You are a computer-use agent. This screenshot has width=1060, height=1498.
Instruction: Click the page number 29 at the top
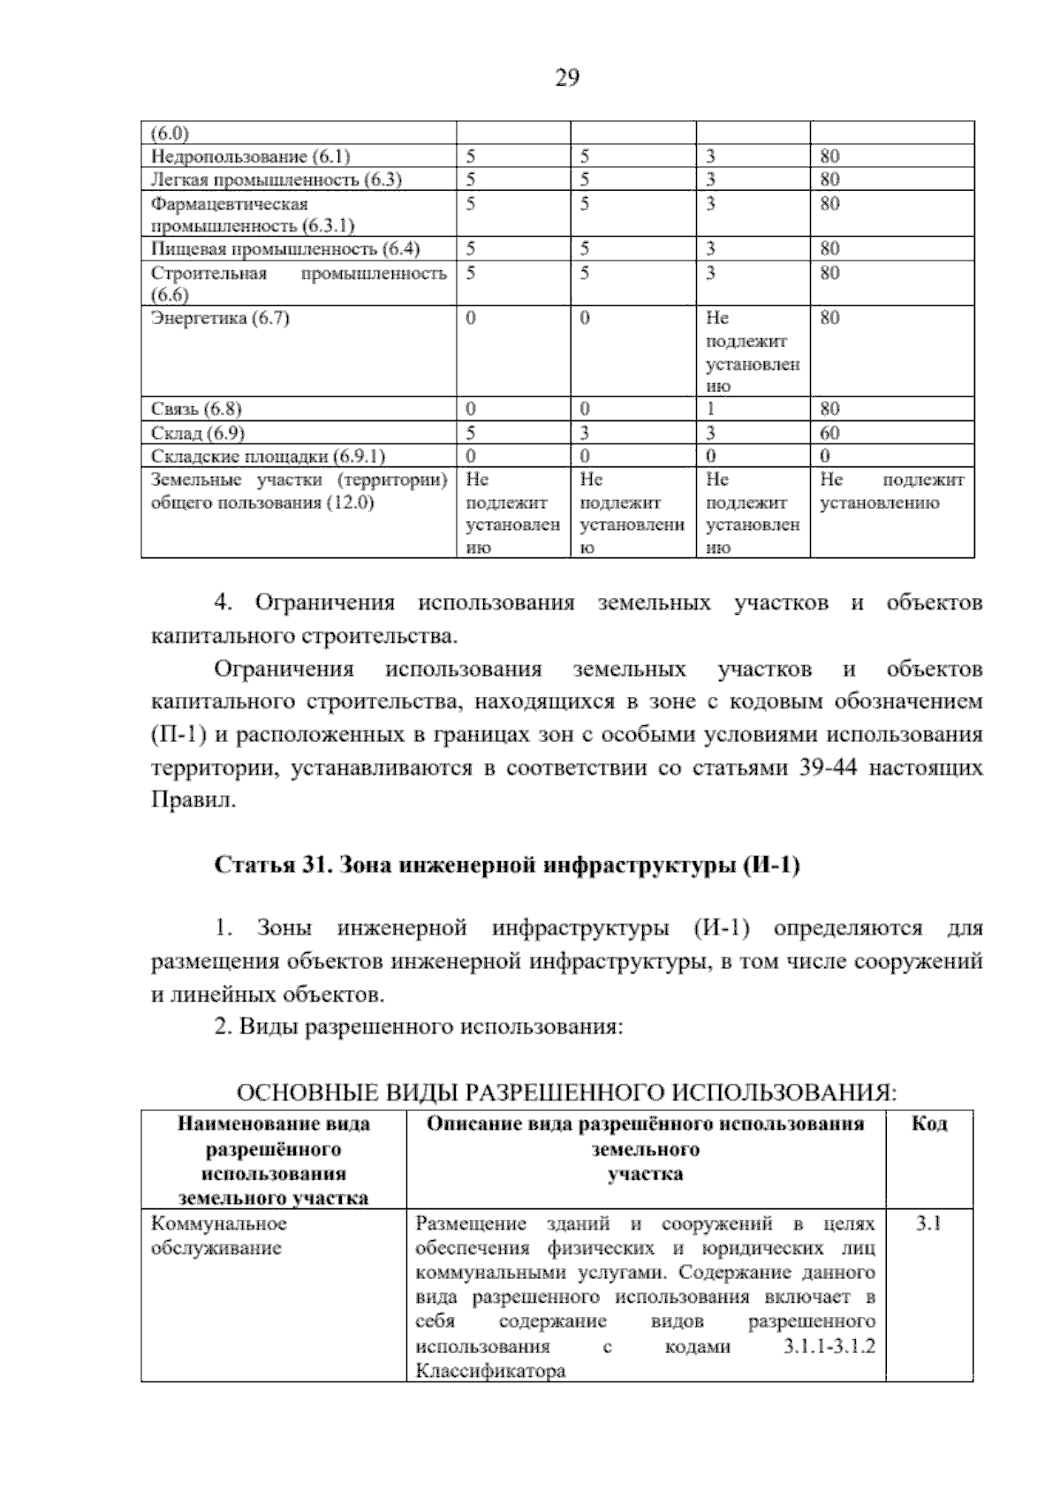click(x=566, y=79)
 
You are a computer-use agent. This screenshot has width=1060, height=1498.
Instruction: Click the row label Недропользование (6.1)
click(x=251, y=156)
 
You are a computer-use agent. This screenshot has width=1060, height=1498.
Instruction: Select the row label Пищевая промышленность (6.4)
click(x=285, y=248)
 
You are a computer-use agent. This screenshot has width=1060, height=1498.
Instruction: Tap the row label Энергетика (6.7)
click(x=221, y=317)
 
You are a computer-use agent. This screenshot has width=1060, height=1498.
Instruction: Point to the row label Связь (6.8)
click(x=196, y=409)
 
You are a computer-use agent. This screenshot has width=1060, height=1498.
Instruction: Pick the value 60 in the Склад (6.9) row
click(x=829, y=433)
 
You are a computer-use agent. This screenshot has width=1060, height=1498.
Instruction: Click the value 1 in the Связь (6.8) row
click(x=710, y=409)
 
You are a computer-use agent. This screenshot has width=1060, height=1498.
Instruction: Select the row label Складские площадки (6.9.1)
click(x=269, y=456)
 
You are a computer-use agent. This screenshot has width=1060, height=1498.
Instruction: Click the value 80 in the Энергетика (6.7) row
click(x=829, y=317)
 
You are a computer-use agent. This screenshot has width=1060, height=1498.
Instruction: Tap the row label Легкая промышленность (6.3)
click(x=276, y=179)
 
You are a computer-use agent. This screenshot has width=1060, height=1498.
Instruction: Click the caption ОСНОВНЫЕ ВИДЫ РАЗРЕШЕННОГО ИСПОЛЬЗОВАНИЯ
click(x=566, y=1093)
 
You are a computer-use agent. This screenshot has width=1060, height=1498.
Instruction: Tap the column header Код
click(x=928, y=1123)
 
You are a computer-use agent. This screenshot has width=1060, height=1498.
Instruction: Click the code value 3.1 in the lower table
click(x=928, y=1223)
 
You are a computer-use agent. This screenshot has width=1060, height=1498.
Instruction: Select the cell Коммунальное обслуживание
click(x=219, y=1236)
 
